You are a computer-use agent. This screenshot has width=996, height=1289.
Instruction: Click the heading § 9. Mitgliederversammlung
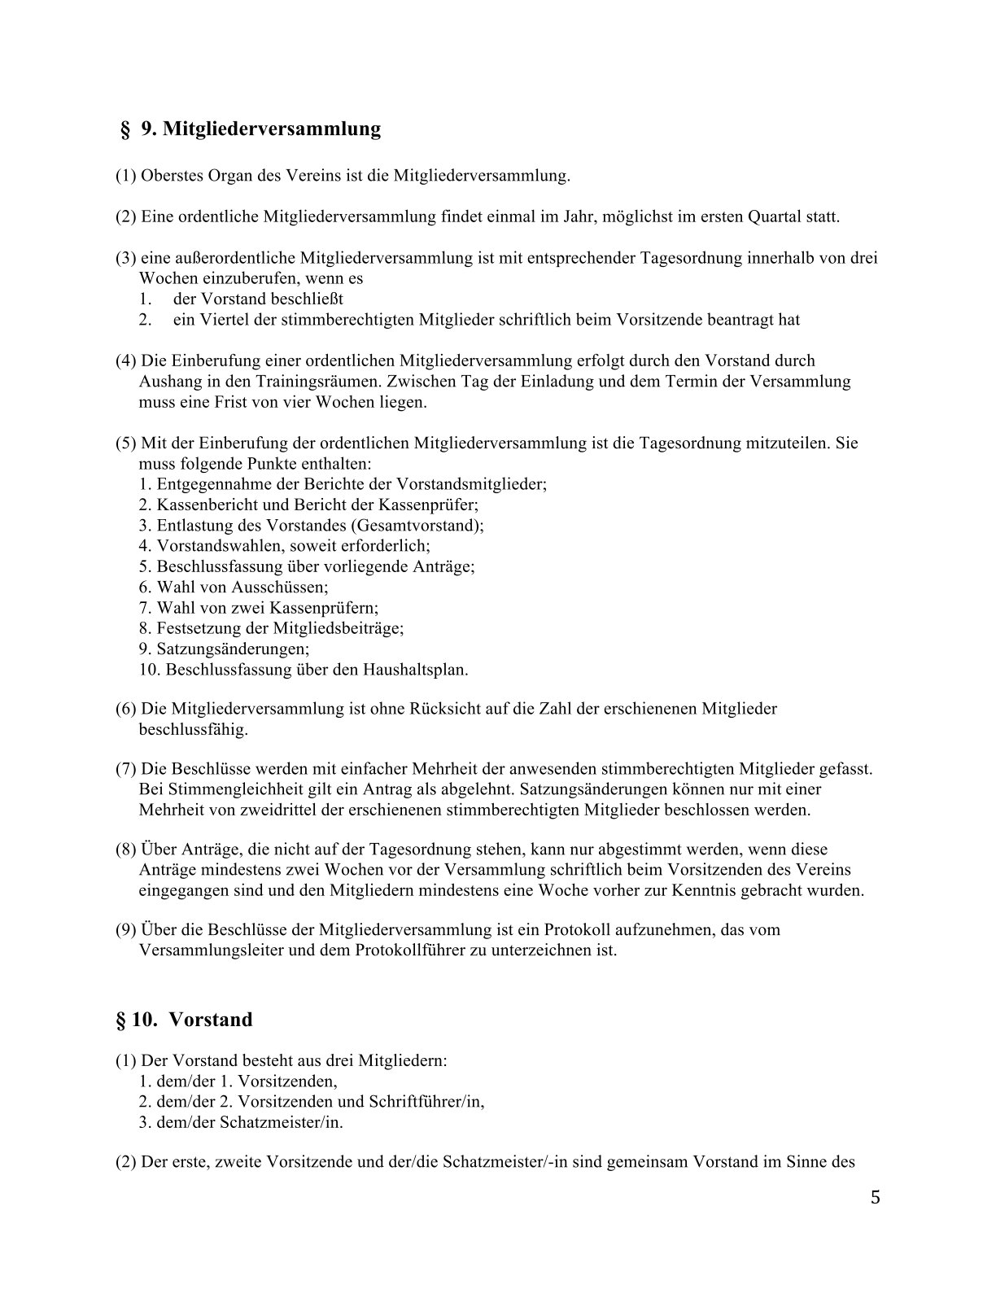pyautogui.click(x=251, y=129)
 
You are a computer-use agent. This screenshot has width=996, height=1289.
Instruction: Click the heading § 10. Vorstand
pyautogui.click(x=185, y=1020)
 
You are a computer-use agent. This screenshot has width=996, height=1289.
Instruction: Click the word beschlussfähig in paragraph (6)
pyautogui.click(x=193, y=729)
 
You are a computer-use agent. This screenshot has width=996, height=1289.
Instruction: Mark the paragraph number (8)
pyautogui.click(x=125, y=850)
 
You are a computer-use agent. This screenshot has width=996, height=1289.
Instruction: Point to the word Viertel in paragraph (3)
pyautogui.click(x=221, y=320)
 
